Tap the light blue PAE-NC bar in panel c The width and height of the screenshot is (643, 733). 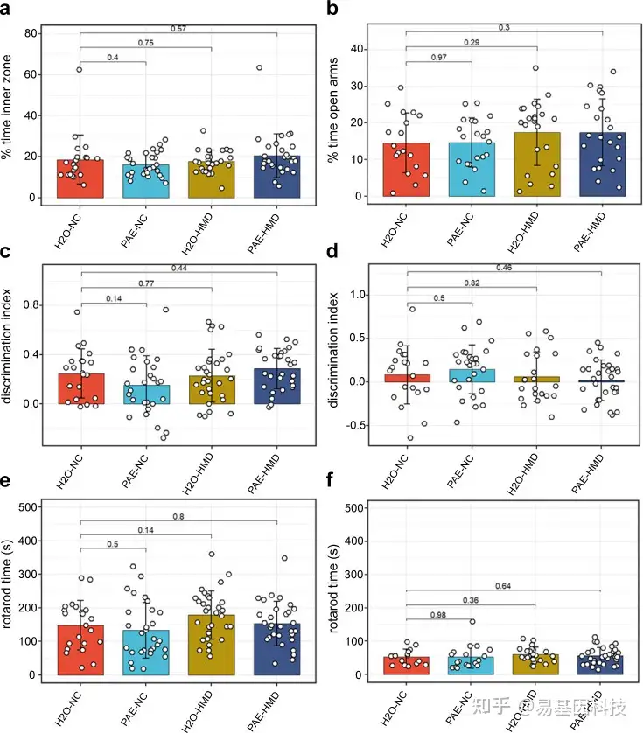coord(146,394)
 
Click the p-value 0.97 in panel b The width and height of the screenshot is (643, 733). coord(439,58)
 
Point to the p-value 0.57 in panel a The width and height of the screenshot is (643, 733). coord(178,29)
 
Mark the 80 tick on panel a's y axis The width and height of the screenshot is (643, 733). coord(32,33)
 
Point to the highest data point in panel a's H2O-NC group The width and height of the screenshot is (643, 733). coord(80,69)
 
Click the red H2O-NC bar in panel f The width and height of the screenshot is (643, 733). coord(407,666)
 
